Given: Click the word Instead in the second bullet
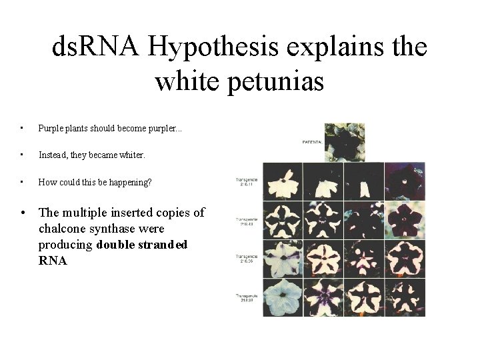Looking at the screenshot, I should point(53,155).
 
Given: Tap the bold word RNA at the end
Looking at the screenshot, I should point(53,261).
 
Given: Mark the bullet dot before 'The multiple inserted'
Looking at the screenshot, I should point(23,213).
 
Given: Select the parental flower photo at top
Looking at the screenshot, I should point(344,141).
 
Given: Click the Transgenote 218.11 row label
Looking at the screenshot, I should point(247,181).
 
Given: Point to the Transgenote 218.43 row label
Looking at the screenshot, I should point(247,219).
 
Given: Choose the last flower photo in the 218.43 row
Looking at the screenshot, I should point(405,221).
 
